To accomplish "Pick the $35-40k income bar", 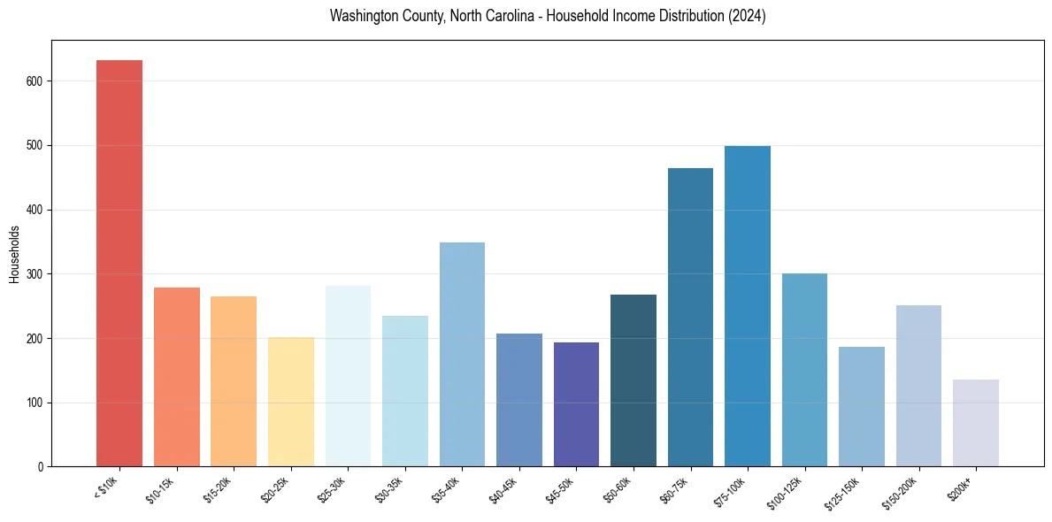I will point(462,354).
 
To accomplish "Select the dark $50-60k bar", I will point(634,380).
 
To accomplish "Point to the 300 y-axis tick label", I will point(38,274).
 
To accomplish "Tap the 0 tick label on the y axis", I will point(43,467).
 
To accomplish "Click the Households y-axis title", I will point(14,254).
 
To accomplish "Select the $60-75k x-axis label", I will point(676,489).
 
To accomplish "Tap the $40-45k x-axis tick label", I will point(504,489).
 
